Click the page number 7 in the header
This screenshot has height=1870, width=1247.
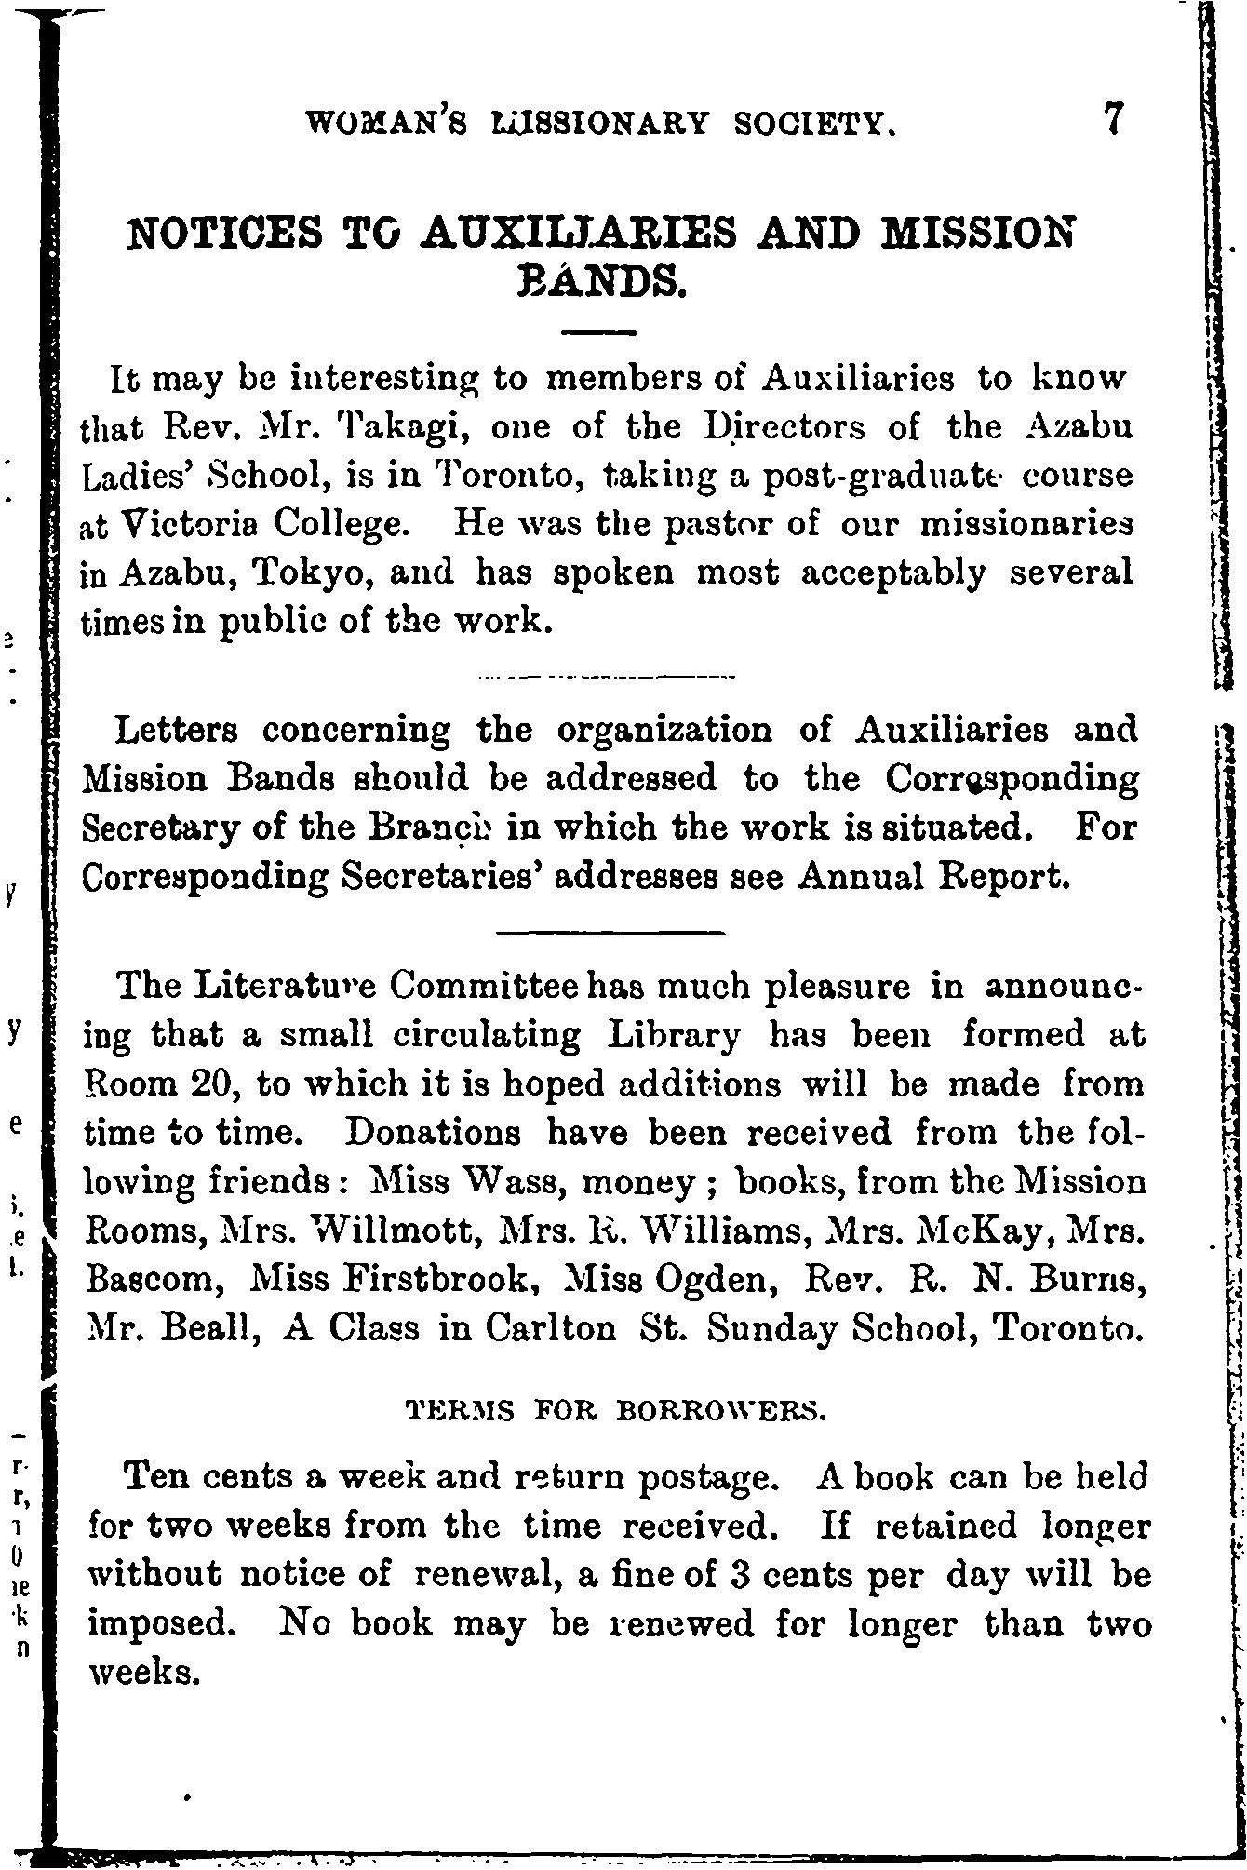point(1114,119)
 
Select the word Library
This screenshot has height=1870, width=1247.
point(675,1035)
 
